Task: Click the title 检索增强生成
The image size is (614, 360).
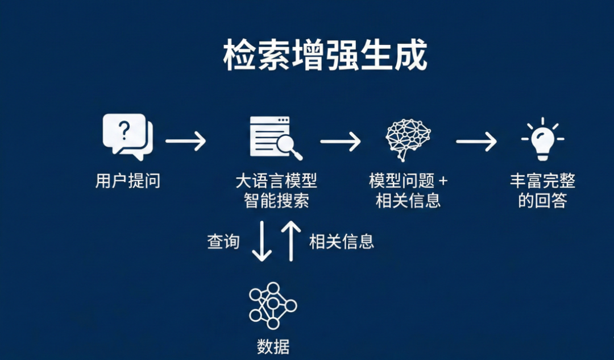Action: point(325,56)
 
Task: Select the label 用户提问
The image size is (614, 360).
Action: point(128,181)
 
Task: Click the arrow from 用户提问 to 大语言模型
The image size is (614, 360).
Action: point(185,140)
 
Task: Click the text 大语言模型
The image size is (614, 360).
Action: point(276,181)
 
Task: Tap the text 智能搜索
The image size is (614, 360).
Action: point(276,201)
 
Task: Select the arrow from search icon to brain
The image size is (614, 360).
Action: point(341,141)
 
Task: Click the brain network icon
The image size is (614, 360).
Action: point(407,139)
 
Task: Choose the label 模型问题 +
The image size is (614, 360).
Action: point(408,181)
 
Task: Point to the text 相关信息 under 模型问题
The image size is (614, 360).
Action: point(408,201)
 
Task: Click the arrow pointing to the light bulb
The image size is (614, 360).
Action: point(476,141)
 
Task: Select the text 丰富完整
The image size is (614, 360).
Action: point(542,181)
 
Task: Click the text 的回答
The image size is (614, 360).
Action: point(542,201)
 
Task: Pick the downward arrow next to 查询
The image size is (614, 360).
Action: point(262,241)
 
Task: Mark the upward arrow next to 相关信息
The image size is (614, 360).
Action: point(291,241)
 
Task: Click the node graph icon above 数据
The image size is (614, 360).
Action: point(273,305)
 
